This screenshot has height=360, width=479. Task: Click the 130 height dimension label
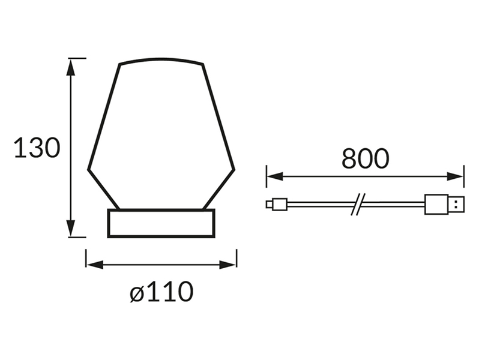click(37, 148)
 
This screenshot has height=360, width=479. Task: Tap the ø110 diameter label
click(161, 292)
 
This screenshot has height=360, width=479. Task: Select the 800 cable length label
click(366, 158)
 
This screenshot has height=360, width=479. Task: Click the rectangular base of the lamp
click(161, 223)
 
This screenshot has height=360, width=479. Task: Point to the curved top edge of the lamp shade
click(161, 59)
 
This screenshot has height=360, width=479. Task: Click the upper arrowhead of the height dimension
click(71, 67)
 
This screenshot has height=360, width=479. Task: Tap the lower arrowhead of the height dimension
click(71, 228)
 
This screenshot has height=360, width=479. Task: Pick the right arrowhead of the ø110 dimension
click(227, 265)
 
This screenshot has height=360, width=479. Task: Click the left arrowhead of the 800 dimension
click(275, 176)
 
